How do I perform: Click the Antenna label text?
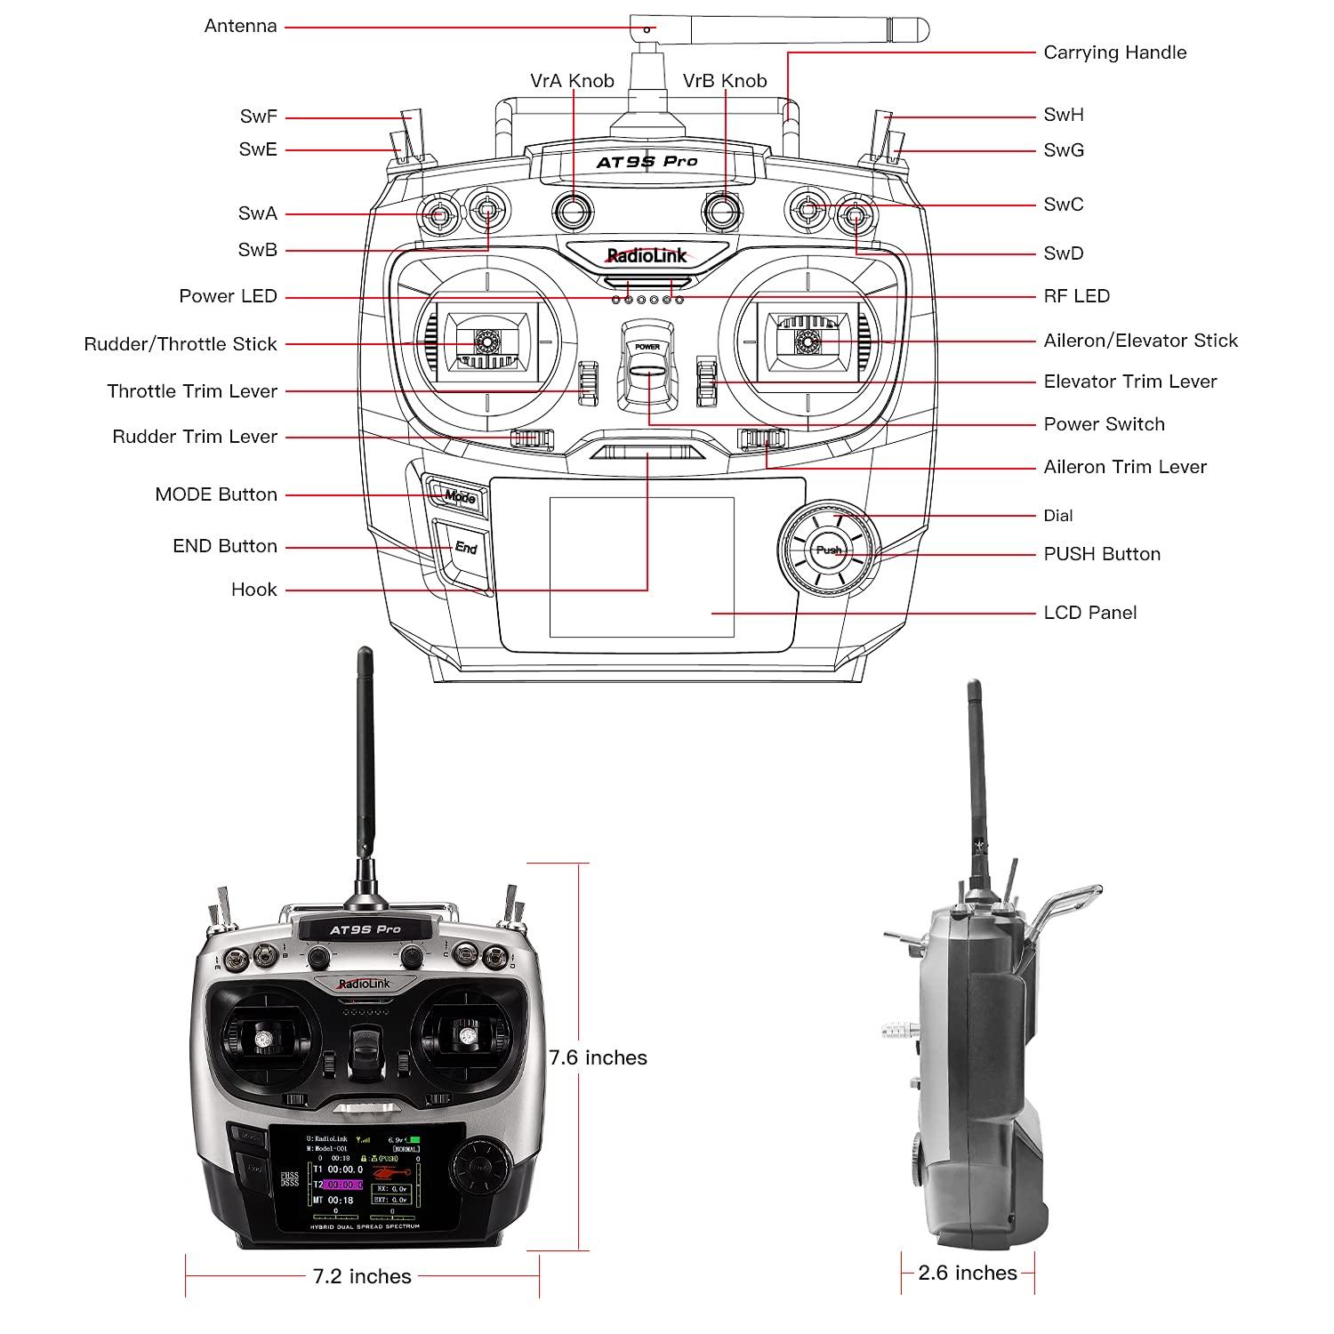tap(240, 27)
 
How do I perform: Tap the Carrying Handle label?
tap(1114, 52)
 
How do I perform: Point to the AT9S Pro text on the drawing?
tap(647, 162)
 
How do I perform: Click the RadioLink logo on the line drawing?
tap(647, 256)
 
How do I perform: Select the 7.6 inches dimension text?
tap(598, 1057)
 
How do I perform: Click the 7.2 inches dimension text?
tap(362, 1276)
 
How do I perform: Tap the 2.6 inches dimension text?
tap(968, 1273)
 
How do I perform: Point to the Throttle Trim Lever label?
tap(192, 391)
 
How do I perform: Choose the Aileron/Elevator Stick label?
tap(1140, 341)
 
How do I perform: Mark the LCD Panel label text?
tap(1089, 613)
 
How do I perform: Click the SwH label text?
tap(1064, 115)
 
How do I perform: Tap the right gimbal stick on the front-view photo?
tap(465, 1036)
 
